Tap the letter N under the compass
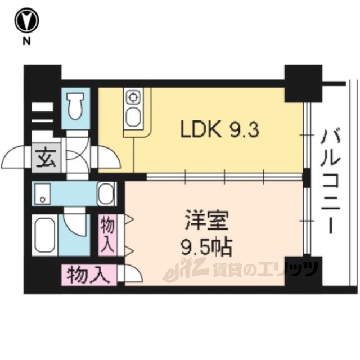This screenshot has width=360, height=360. tap(26, 41)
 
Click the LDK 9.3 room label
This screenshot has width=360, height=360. tap(219, 130)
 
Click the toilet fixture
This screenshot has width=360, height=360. tap(74, 106)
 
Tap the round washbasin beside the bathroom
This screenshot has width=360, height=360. tap(106, 195)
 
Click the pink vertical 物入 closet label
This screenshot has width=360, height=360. tap(109, 235)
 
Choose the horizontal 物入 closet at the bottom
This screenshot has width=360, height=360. tap(88, 276)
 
